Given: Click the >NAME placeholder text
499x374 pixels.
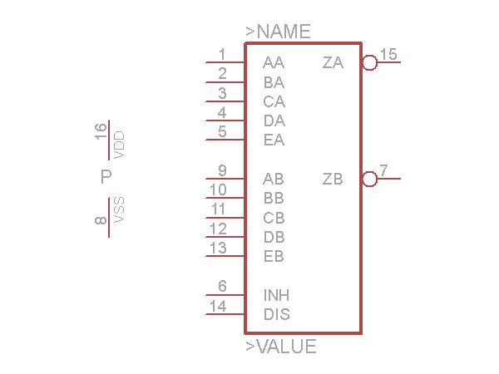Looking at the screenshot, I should [278, 32].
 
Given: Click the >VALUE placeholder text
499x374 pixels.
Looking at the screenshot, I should [280, 347].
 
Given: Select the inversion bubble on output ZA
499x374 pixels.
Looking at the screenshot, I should [370, 62].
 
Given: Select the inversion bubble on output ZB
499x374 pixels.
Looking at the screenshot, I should [370, 179].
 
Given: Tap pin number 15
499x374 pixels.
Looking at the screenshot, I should [388, 55].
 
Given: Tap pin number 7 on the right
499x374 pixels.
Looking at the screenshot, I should [383, 171].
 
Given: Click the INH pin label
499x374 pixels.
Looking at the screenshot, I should [276, 296].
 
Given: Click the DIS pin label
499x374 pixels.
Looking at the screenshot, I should [276, 315].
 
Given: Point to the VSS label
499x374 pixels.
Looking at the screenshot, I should [119, 210].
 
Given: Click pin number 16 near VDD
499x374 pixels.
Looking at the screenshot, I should [101, 130].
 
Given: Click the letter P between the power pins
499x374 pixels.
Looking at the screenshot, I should [106, 177].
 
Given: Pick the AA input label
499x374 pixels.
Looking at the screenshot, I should [274, 63].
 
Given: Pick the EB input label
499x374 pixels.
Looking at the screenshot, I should [274, 257].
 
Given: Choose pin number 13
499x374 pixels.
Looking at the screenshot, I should [218, 248].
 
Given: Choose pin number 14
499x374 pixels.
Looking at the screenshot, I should [218, 307].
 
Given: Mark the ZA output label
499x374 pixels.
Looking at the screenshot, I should [333, 63].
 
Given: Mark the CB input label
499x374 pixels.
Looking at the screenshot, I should [274, 219].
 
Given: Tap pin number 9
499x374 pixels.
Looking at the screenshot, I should [222, 171].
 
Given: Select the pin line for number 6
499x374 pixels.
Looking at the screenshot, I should [225, 294].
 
